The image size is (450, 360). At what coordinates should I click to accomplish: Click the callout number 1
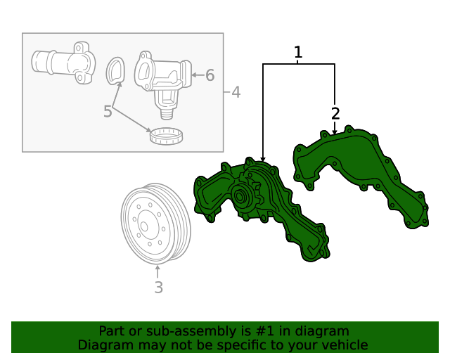pos(298,52)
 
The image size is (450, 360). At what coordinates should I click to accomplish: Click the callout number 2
pos(335,113)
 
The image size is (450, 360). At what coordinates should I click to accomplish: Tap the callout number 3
pos(158,287)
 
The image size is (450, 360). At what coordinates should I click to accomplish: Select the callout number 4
pos(236,92)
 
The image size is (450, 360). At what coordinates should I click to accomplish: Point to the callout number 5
pos(108,111)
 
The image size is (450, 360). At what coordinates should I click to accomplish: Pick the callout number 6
pos(210,75)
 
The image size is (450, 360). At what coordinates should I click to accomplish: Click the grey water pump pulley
pos(151,224)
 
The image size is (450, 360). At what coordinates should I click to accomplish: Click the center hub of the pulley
pos(143,226)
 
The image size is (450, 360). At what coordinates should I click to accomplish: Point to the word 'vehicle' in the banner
pos(345,345)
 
